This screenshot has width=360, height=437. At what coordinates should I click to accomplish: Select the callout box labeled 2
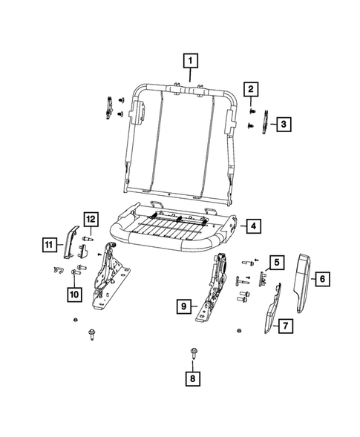coord(252,91)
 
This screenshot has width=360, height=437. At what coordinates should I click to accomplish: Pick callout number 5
coord(275,262)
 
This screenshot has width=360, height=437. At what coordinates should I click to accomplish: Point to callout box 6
coord(324,280)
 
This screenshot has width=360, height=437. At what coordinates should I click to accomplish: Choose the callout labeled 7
coord(282,326)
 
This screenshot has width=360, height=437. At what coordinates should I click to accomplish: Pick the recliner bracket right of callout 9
coord(215,289)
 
